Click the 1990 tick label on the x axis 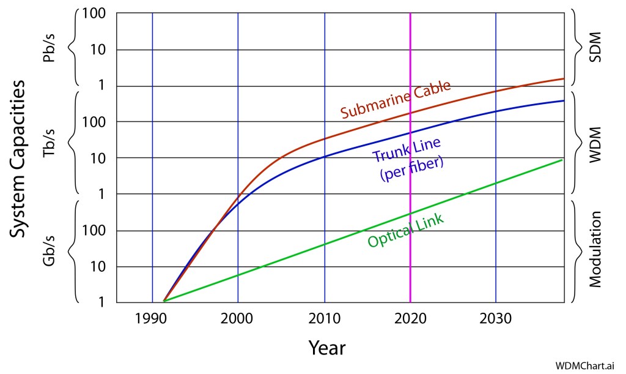tap(152, 320)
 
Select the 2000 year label tap(237, 320)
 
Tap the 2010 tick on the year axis tap(324, 320)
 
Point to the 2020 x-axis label tap(410, 320)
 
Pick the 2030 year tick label tap(496, 320)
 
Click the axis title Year tap(326, 348)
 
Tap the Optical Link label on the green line tap(406, 231)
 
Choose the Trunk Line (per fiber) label tap(407, 159)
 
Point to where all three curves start tap(164, 301)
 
